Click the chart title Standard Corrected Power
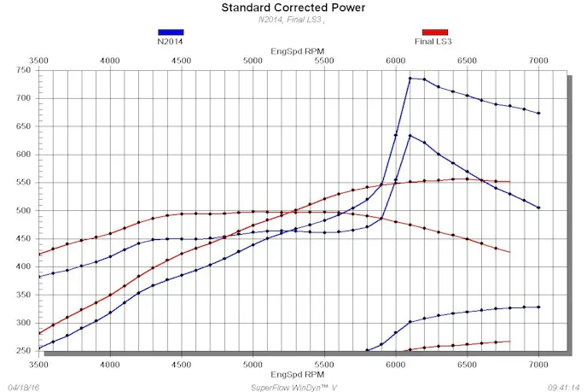point(293,8)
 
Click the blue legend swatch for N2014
point(170,32)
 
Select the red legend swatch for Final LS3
point(434,32)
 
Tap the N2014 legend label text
point(170,41)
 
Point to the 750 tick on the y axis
point(23,70)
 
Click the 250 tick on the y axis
point(23,350)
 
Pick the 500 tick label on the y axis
point(23,210)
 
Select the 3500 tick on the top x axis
point(38,61)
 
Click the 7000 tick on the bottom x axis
point(538,363)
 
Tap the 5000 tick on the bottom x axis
point(252,363)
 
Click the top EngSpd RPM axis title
point(293,51)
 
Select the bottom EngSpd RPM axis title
point(293,374)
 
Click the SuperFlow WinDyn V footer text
point(293,386)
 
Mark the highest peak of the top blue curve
point(410,79)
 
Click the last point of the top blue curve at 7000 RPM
point(538,113)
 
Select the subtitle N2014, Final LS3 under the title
point(293,20)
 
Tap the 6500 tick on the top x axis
point(466,61)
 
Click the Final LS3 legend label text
point(434,41)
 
